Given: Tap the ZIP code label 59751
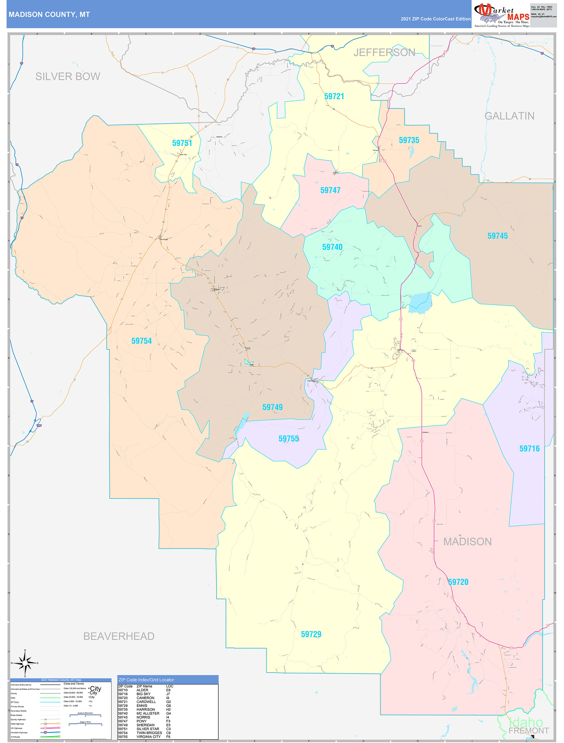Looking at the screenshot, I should tap(182, 143).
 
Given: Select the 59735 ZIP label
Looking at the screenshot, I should tap(409, 140).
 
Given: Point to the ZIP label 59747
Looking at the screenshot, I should tap(330, 190).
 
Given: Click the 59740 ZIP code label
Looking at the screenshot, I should tap(332, 247).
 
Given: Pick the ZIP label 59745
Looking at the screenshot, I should tap(497, 236).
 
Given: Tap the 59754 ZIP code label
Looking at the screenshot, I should tap(141, 341).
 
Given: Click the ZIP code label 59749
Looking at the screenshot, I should tap(272, 408).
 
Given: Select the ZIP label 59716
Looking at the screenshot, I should tap(529, 449).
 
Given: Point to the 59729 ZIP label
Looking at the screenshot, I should tap(311, 634).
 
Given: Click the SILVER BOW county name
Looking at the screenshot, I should tap(68, 77).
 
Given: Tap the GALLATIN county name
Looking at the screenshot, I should tap(509, 116).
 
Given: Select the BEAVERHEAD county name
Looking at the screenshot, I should tap(119, 636).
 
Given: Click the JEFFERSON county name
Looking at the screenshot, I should tap(384, 52).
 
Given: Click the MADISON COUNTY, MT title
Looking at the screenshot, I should tap(49, 15).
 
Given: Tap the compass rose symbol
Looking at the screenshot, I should tap(25, 663).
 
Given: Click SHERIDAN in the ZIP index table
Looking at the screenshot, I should tap(145, 725).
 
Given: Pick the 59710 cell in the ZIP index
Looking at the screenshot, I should tap(123, 690).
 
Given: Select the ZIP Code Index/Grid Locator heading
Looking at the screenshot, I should tap(146, 680).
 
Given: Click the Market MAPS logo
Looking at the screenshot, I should tap(501, 15).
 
